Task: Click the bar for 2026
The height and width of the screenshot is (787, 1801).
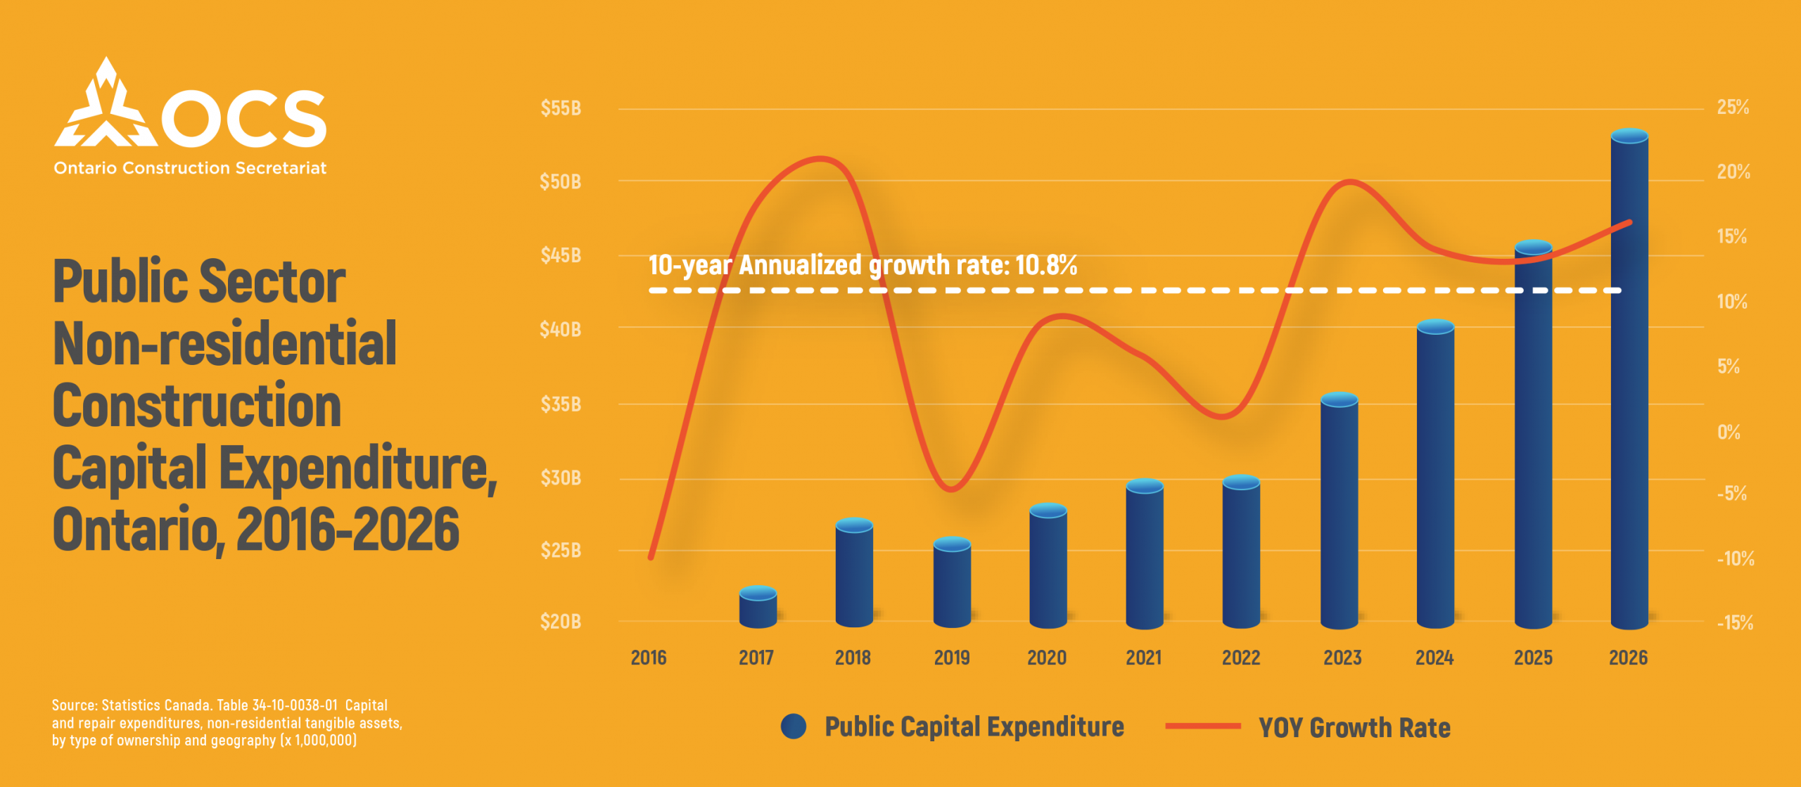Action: click(1629, 380)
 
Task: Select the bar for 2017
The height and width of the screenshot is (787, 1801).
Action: click(758, 608)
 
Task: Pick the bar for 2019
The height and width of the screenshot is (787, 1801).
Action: click(952, 584)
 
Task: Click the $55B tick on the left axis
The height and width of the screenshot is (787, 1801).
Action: click(561, 108)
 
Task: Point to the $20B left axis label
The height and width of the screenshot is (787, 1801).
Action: click(561, 622)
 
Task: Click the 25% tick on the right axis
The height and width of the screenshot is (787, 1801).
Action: click(1733, 108)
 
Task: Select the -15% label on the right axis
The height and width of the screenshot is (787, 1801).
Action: click(1735, 623)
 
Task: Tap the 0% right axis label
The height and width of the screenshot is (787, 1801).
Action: click(1729, 432)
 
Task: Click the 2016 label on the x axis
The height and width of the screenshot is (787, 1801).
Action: click(648, 658)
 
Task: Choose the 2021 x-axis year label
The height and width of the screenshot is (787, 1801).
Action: click(1143, 658)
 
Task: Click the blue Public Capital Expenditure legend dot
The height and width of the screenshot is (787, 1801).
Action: click(794, 727)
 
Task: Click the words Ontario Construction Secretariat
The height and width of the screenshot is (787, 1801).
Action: click(190, 168)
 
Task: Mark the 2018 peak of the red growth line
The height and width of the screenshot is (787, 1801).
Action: click(820, 158)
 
